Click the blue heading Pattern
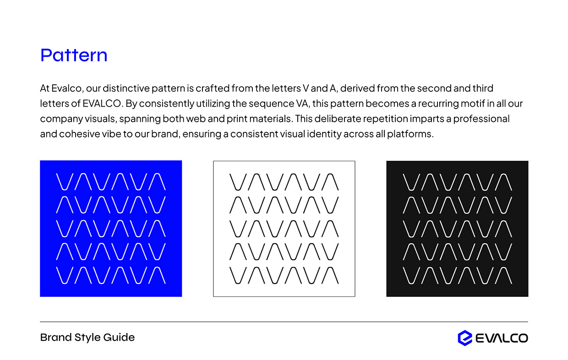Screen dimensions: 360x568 [74, 55]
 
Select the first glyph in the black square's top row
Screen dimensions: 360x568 [411, 182]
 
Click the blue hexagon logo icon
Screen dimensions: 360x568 [464, 338]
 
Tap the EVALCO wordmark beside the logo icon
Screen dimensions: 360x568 [502, 338]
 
